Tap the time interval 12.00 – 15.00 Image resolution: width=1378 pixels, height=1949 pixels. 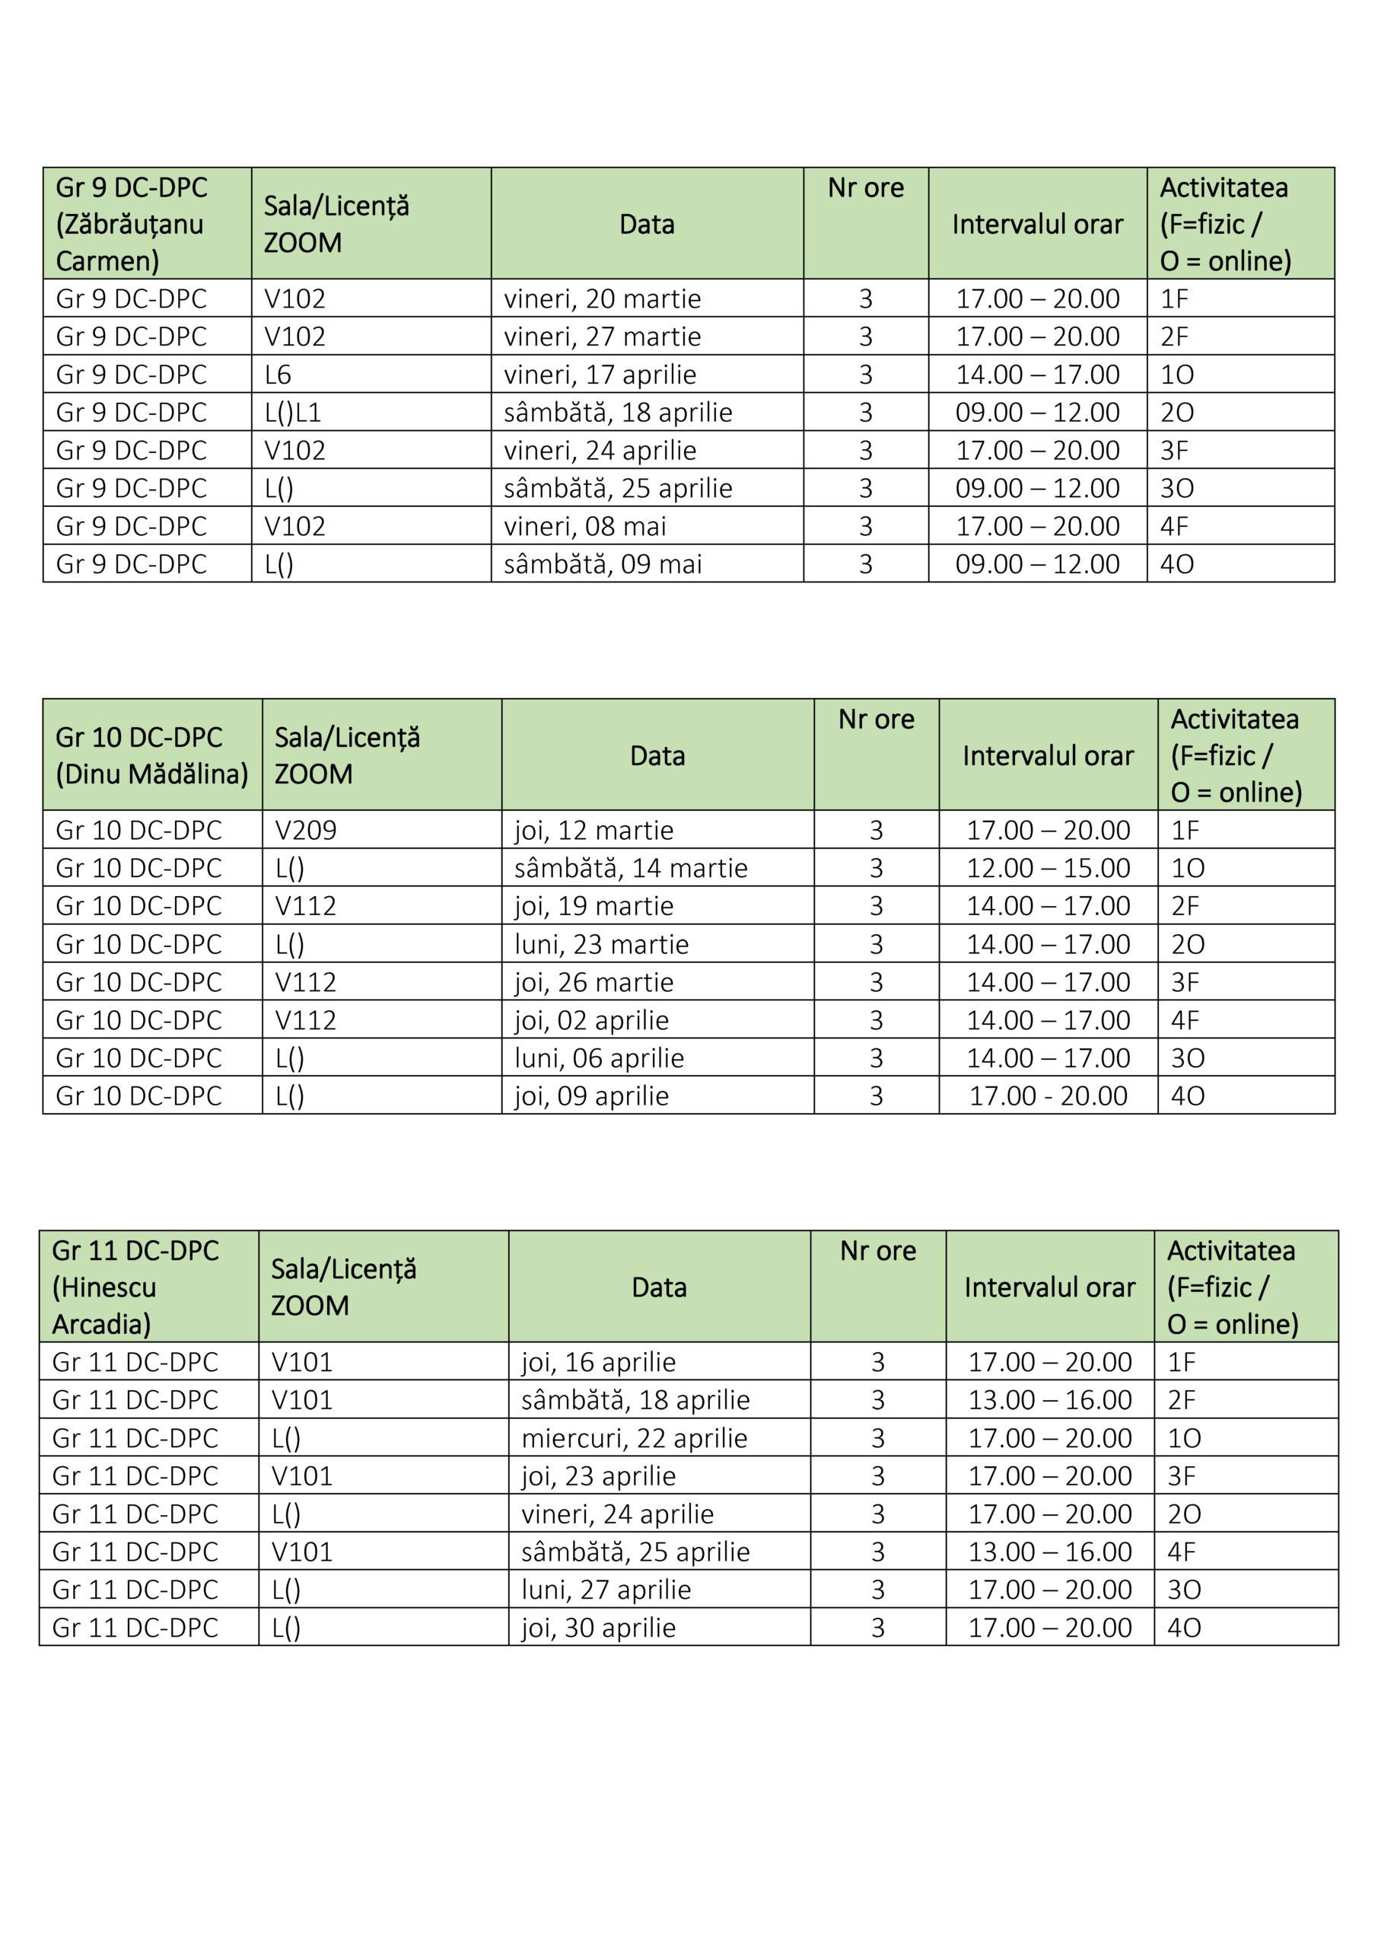coord(1048,869)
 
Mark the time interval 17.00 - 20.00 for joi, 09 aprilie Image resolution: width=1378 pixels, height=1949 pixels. coord(1048,1096)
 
